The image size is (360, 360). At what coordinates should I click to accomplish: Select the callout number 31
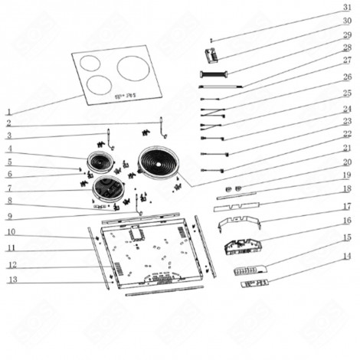346,6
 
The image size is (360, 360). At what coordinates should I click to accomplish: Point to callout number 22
346,135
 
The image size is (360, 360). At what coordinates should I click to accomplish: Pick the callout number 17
346,206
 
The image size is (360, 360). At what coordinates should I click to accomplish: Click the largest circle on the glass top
133,68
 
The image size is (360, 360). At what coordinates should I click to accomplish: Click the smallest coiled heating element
99,162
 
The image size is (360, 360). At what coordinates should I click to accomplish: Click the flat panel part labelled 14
254,283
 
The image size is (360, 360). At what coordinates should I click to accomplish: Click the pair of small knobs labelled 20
233,188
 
